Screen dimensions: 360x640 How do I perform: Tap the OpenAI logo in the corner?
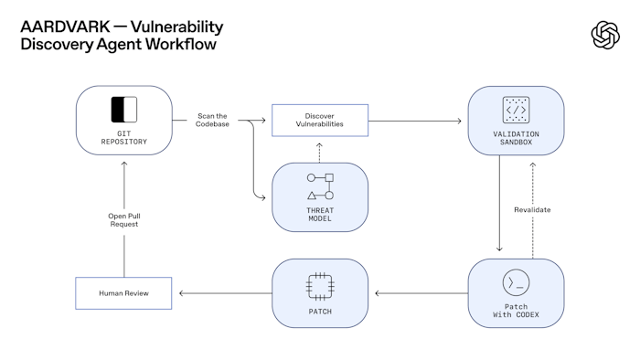pos(605,35)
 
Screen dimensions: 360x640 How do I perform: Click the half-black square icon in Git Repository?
pos(123,110)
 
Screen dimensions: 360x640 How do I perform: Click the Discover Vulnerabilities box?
pos(319,120)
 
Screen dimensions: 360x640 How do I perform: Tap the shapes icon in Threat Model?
pos(320,185)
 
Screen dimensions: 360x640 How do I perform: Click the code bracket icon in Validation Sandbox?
pos(516,110)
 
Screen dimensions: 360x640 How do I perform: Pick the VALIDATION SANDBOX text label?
pos(516,139)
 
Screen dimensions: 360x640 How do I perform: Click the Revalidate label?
pos(533,209)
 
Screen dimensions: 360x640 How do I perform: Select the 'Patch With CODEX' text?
pos(516,311)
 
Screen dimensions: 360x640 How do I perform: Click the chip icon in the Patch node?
pos(320,285)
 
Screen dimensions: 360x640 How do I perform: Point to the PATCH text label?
pos(320,312)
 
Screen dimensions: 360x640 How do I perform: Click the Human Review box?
pos(123,293)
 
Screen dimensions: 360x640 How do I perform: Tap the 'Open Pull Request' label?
pos(123,220)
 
